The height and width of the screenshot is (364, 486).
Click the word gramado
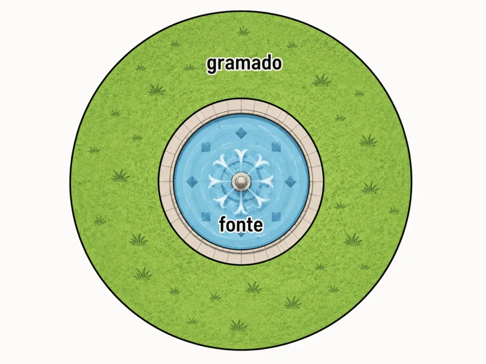point(244,64)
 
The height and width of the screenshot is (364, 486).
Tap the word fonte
point(241,224)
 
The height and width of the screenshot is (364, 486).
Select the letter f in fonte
point(223,224)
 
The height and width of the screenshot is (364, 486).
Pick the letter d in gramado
point(265,63)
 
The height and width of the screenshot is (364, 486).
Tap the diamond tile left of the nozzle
point(193,182)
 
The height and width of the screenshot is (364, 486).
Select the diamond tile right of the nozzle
point(290,182)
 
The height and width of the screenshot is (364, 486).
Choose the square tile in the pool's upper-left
point(206,147)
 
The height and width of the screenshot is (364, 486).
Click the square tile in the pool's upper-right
point(276,147)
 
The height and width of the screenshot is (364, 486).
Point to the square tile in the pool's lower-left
point(206,216)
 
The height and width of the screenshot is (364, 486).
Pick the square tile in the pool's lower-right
point(276,216)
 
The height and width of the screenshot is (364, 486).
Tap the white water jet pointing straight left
point(221,182)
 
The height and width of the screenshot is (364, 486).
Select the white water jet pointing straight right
point(262,181)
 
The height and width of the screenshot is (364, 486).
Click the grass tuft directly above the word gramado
point(243,31)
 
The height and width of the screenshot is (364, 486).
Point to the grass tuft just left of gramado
point(189,67)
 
